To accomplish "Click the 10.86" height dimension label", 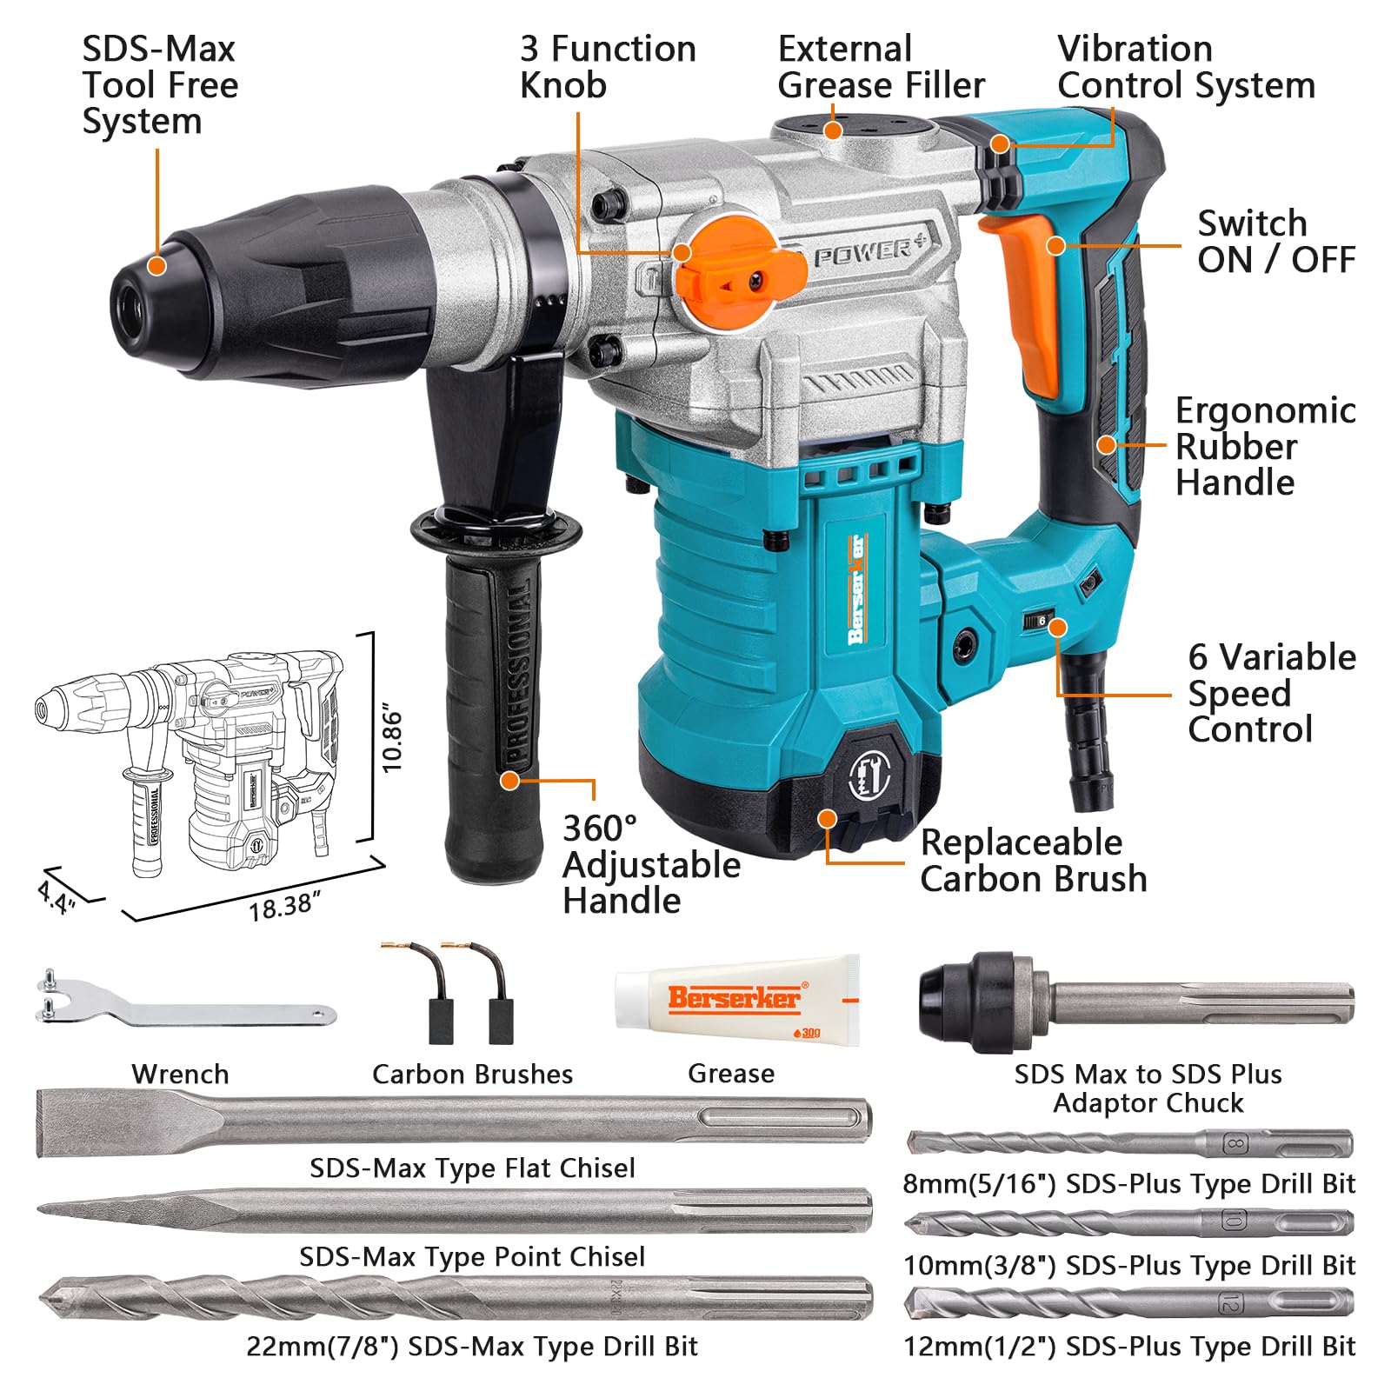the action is click(392, 740).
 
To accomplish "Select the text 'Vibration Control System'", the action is click(1186, 67).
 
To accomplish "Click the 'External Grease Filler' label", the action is click(881, 67).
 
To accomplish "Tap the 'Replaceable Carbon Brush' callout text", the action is click(1033, 861).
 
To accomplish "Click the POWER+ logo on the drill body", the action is click(870, 251).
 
